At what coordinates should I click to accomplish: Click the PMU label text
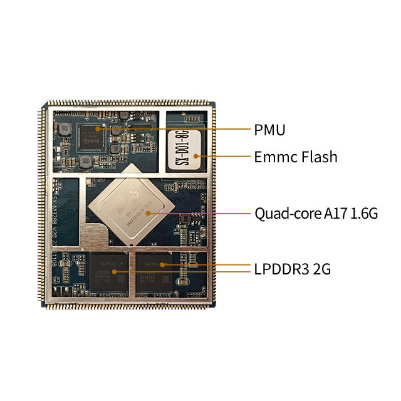[270, 130]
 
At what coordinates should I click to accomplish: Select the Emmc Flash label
[296, 157]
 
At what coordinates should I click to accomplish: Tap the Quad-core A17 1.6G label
[316, 214]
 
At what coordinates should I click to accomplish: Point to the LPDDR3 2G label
[293, 270]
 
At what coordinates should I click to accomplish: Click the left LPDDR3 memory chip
[108, 270]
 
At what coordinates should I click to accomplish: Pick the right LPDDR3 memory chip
[154, 269]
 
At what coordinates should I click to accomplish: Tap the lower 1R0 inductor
[87, 162]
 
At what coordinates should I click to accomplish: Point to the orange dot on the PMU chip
[98, 128]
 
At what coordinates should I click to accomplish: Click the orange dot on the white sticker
[196, 156]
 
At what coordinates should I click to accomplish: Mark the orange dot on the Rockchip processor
[148, 214]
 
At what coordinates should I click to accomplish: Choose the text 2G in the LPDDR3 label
[321, 270]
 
